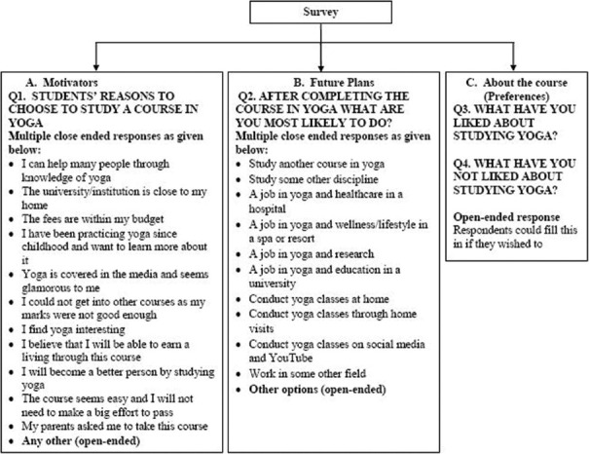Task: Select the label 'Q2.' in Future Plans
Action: point(250,97)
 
